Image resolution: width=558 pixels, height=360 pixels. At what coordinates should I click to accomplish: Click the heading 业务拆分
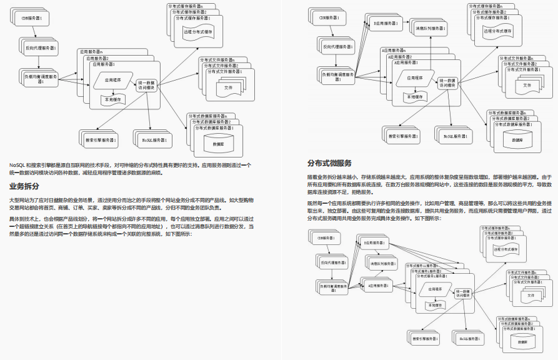25,186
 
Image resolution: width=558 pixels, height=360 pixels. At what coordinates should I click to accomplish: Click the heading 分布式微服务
329,164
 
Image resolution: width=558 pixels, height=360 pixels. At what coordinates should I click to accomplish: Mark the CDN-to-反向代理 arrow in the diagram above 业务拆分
37,34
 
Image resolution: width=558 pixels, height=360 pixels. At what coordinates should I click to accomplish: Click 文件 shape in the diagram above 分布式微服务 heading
527,84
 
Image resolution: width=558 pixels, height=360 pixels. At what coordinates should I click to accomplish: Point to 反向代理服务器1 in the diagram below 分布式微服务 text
334,264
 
